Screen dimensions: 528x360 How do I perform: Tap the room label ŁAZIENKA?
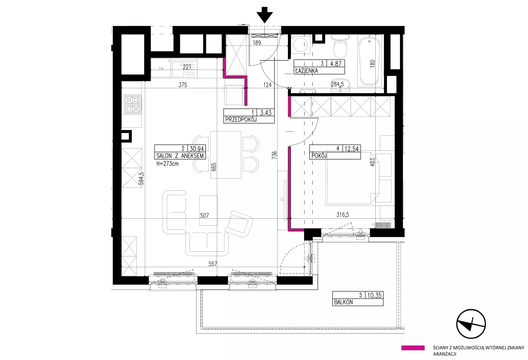coord(306,71)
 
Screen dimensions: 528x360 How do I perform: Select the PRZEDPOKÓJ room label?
coord(241,119)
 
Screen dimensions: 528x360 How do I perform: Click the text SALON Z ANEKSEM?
coord(180,156)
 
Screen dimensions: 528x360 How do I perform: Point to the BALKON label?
coord(343,302)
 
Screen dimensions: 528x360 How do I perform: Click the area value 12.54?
coord(352,149)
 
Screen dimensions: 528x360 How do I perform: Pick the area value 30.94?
coord(197,149)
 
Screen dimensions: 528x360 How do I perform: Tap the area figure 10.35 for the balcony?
coord(374,295)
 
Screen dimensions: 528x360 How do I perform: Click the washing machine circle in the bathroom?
coord(300,45)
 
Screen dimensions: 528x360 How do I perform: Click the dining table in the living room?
coord(226,155)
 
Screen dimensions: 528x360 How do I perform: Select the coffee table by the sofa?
coord(208,210)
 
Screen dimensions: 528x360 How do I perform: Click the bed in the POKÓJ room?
coord(351,178)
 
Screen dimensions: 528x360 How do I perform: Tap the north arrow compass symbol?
coord(471,324)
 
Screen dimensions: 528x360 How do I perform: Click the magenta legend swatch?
coord(413,348)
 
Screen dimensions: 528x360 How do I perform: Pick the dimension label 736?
coord(274,154)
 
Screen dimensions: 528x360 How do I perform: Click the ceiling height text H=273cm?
coord(167,163)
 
